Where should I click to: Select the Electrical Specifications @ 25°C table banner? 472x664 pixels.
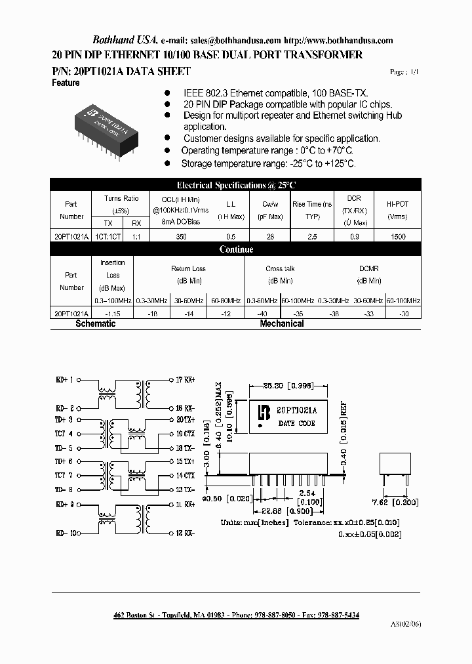pyautogui.click(x=236, y=185)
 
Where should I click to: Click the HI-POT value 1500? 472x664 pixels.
pyautogui.click(x=397, y=237)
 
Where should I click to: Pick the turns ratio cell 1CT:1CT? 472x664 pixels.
pyautogui.click(x=109, y=237)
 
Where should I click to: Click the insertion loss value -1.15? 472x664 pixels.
pyautogui.click(x=113, y=314)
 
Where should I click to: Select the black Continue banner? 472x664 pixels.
pyautogui.click(x=236, y=249)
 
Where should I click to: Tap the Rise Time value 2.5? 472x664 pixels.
pyautogui.click(x=312, y=237)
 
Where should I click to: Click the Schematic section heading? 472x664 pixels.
pyautogui.click(x=96, y=323)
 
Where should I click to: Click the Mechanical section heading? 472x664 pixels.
pyautogui.click(x=282, y=323)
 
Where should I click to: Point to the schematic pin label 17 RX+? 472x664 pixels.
pyautogui.click(x=186, y=379)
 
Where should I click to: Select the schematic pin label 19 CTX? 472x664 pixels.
pyautogui.click(x=186, y=434)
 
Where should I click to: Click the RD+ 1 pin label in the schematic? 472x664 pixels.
pyautogui.click(x=66, y=379)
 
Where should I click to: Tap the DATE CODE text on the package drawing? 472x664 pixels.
pyautogui.click(x=297, y=423)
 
